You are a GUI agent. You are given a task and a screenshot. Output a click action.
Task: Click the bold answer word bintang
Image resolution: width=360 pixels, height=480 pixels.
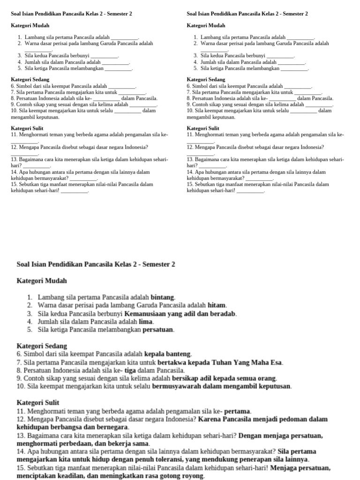163,297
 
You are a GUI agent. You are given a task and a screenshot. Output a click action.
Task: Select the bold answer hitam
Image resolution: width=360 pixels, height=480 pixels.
217,305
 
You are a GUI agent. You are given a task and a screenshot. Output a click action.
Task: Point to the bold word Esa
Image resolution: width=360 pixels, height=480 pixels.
277,362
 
